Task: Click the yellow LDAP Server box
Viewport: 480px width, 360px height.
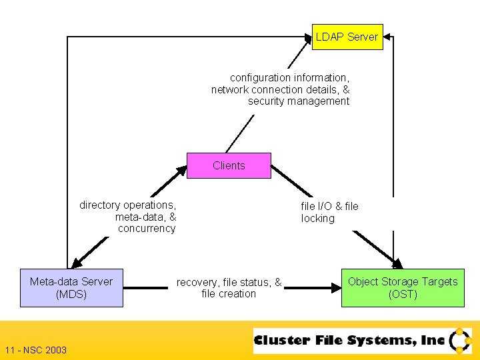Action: coord(347,37)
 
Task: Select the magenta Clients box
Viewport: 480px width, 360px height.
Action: coord(229,165)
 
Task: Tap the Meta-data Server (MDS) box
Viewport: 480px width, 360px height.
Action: coord(71,287)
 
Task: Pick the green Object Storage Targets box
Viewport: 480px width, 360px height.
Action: coord(403,287)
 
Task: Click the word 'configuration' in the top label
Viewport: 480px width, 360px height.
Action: coord(259,78)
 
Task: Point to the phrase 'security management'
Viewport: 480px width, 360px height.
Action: coord(298,101)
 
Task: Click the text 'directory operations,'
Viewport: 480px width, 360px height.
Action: coord(127,205)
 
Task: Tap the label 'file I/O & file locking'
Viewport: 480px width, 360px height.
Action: coord(329,212)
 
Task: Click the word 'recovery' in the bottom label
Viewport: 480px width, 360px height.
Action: coord(197,283)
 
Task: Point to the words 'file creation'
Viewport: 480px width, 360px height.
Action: coord(228,294)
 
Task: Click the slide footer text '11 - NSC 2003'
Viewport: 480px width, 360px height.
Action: coord(35,350)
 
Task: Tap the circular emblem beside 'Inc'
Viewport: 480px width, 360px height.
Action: coord(460,340)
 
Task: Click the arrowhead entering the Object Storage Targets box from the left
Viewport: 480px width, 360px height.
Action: coord(335,288)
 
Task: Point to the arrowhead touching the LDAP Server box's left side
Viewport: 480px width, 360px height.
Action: coord(307,37)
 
